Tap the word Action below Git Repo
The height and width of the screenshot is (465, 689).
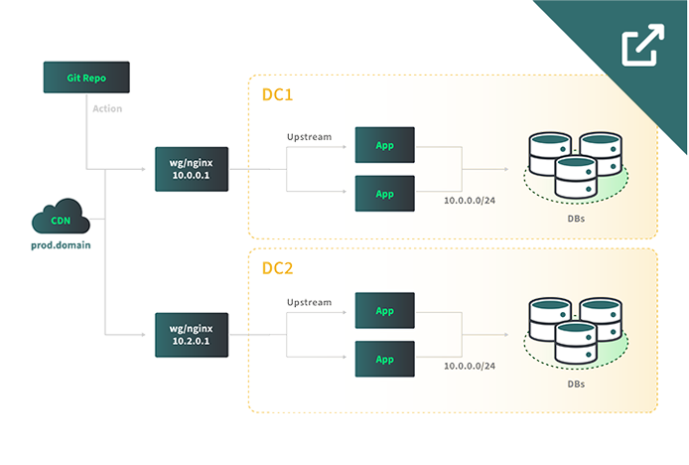106,108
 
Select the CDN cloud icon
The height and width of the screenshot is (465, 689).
61,222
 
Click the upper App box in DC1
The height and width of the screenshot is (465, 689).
385,145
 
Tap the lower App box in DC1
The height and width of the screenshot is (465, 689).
385,192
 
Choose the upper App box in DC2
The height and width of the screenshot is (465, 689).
385,310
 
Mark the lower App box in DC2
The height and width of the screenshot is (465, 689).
385,358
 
